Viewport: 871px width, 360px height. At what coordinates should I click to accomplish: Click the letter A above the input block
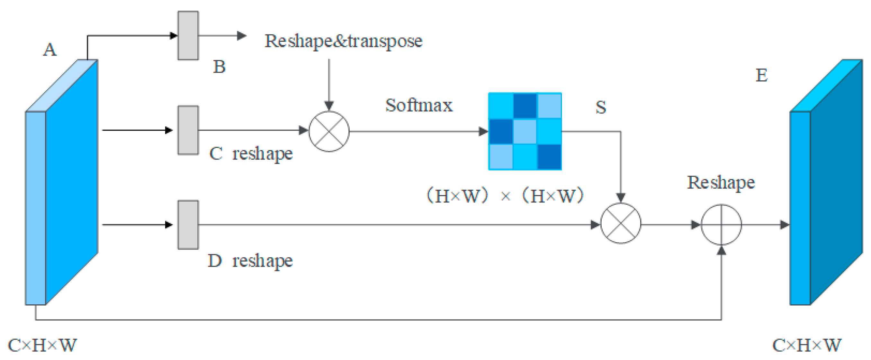click(50, 50)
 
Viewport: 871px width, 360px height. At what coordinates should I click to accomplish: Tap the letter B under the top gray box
click(219, 67)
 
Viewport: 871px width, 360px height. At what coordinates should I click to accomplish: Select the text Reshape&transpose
click(343, 41)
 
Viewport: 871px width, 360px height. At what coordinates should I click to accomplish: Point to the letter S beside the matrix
click(600, 107)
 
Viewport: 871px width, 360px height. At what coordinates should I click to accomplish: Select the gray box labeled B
click(188, 35)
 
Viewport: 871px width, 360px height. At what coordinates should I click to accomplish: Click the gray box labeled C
click(188, 130)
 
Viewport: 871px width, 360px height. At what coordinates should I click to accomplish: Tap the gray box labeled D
click(188, 225)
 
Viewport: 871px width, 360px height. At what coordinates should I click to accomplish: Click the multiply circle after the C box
click(329, 131)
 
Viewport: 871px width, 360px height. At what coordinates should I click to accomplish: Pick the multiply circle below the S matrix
click(620, 223)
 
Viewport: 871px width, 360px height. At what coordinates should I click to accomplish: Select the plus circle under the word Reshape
click(721, 224)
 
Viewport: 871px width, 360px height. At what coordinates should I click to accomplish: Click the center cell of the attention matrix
click(525, 131)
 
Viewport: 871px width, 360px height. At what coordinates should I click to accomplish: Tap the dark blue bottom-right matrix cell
click(550, 157)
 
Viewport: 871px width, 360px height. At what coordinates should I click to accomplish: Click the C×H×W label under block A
click(42, 346)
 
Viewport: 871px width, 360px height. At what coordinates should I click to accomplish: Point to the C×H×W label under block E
click(806, 346)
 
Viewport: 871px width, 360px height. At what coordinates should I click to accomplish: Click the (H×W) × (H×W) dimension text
click(505, 196)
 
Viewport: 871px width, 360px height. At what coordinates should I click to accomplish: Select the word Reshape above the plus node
click(721, 183)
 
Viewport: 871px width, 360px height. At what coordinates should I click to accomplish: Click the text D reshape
click(250, 261)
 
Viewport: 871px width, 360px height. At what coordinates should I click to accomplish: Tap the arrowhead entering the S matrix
click(483, 131)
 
